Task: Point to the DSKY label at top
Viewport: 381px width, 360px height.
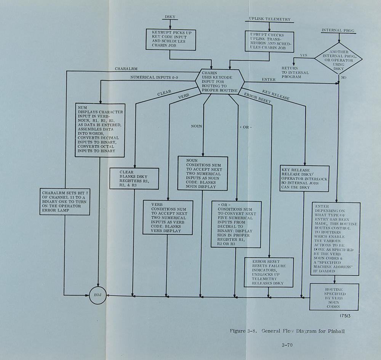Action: [170, 17]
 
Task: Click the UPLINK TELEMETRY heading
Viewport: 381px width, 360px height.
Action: [269, 19]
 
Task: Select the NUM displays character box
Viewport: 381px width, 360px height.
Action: [100, 131]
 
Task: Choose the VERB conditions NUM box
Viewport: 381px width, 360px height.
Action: [167, 217]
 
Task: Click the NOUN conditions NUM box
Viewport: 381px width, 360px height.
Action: [202, 173]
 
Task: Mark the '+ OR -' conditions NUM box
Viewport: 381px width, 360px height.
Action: [236, 225]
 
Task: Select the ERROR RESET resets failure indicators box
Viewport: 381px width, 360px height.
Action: [269, 272]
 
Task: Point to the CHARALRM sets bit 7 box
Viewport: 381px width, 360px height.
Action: [65, 201]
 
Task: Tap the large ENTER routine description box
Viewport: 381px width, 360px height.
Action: [335, 239]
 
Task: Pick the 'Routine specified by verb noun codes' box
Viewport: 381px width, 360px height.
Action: [334, 297]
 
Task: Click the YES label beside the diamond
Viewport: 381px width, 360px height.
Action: [303, 56]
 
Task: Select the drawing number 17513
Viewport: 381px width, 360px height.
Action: [345, 316]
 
